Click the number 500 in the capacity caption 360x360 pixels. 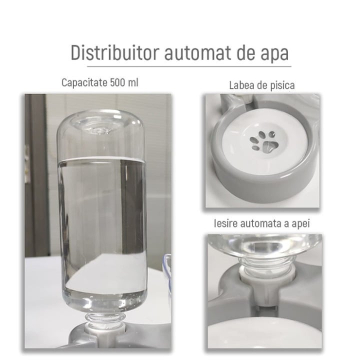[x=118, y=82]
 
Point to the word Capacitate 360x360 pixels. [x=84, y=82]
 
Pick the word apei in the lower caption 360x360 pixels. [x=300, y=224]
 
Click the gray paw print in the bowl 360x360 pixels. [x=264, y=142]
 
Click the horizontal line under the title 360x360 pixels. [x=188, y=66]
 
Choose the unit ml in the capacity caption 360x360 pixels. [x=133, y=82]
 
